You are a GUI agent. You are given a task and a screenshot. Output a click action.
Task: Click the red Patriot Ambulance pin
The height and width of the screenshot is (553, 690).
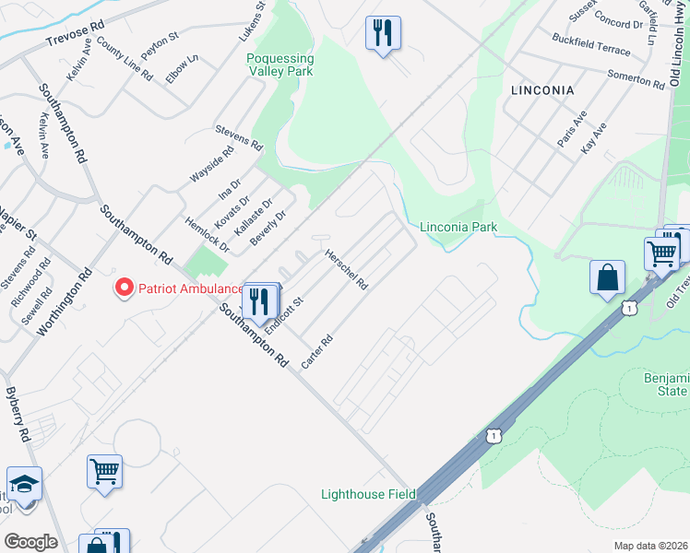click(x=123, y=288)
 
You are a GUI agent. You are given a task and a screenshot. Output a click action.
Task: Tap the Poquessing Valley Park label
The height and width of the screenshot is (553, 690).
click(x=280, y=65)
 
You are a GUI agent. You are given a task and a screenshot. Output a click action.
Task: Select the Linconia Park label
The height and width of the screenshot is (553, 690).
click(x=458, y=227)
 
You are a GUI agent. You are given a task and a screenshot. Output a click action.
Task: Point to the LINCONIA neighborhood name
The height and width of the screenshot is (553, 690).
click(x=541, y=90)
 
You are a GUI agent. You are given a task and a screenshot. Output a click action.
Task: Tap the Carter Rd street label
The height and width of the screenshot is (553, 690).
click(x=316, y=351)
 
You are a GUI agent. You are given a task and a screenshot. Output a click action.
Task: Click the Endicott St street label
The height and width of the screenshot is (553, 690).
click(x=284, y=315)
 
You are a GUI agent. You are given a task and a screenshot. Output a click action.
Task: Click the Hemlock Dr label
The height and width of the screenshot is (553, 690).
click(x=207, y=234)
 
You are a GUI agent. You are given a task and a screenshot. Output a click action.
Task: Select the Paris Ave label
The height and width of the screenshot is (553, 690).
click(x=572, y=130)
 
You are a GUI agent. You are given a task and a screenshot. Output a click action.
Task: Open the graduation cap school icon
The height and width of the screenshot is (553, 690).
click(x=24, y=484)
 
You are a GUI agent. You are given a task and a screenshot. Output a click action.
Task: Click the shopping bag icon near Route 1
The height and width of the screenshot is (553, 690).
click(x=608, y=278)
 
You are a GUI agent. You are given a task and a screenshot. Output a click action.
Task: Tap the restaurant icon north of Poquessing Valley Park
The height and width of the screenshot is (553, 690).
click(x=381, y=33)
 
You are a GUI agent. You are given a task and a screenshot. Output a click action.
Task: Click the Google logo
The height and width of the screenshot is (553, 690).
click(x=30, y=542)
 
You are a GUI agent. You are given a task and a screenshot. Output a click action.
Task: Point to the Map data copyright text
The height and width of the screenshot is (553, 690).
click(x=649, y=546)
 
